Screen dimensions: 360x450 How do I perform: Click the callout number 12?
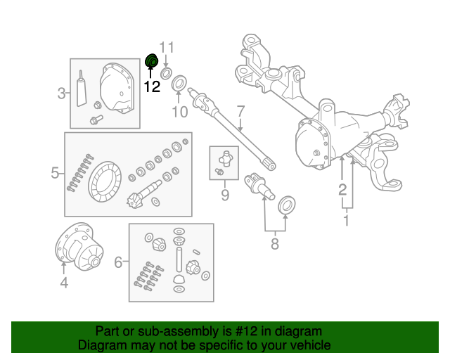152,87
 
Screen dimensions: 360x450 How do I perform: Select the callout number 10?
180,112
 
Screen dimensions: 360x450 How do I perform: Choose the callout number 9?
225,194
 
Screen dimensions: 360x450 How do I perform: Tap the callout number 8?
274,244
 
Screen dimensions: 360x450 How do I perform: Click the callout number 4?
63,283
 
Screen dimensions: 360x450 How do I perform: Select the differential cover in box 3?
116,88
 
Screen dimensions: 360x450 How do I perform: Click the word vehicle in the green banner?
307,345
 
